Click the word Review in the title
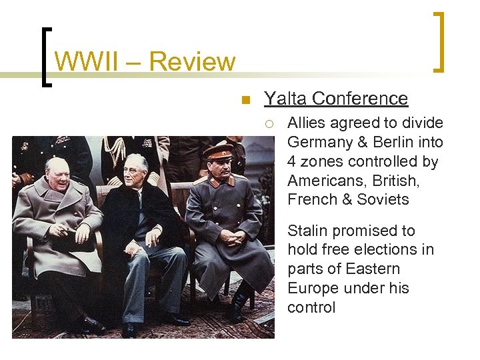(x=193, y=62)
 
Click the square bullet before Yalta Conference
(x=245, y=101)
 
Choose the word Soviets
(x=383, y=199)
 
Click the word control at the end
(x=311, y=307)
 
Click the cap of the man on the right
(x=218, y=150)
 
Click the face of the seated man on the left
(x=59, y=175)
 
